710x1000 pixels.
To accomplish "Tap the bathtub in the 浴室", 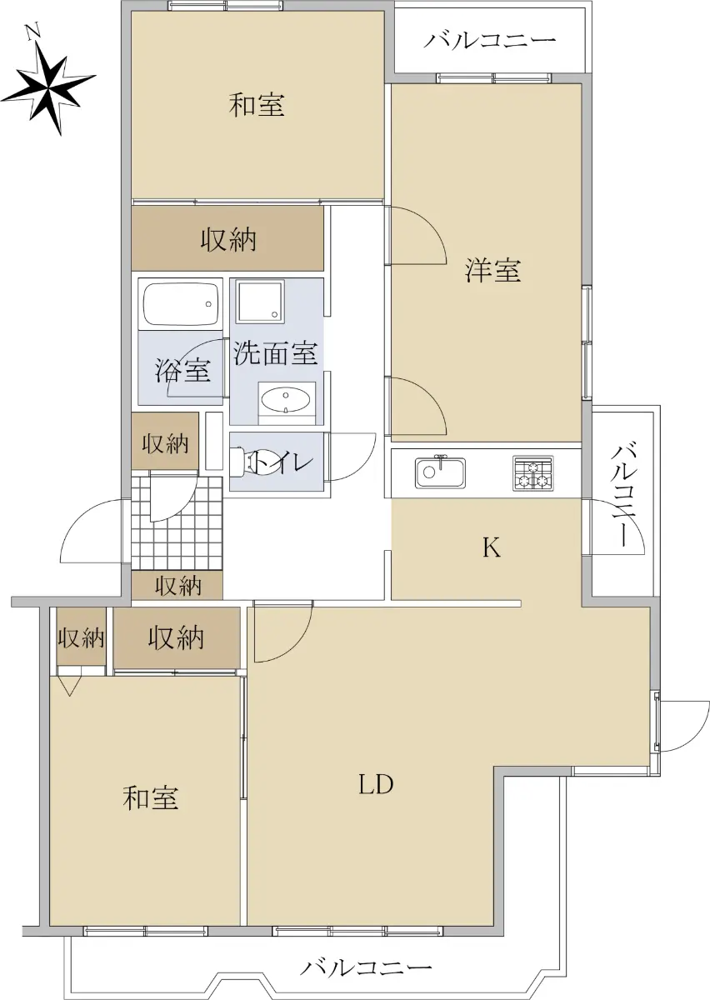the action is (x=180, y=304).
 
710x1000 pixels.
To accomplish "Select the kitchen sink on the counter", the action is (x=440, y=472).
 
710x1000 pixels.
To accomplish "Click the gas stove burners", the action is (x=532, y=473).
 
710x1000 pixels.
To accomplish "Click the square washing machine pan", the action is (x=260, y=301).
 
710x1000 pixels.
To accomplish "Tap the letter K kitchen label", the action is (x=492, y=547).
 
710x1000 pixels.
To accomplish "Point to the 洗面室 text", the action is (x=276, y=353).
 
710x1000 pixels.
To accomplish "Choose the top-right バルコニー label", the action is (x=490, y=41).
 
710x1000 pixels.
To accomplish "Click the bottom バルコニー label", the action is (x=366, y=965).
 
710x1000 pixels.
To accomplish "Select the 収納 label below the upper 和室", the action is (x=227, y=239).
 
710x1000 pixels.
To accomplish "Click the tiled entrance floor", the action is (x=177, y=523).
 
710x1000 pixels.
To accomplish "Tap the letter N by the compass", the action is (x=33, y=32).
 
